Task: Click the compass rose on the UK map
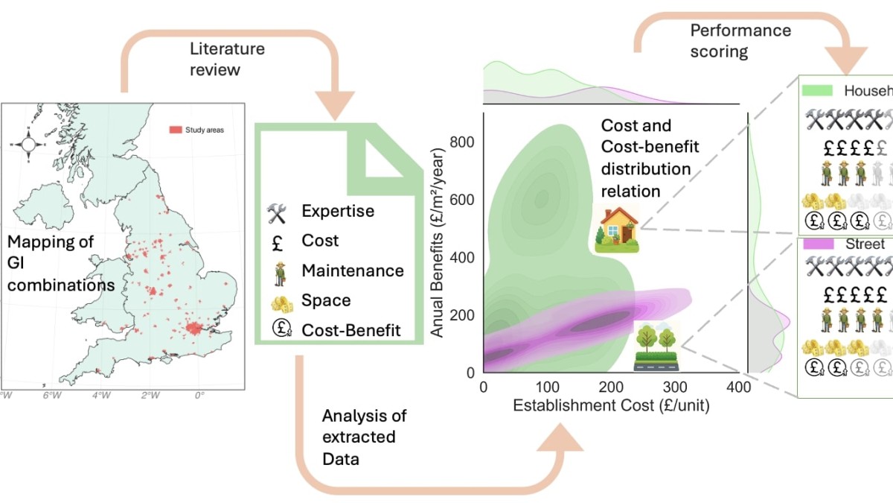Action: coord(28,144)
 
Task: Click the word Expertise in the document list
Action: coord(337,211)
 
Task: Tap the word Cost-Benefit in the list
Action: coord(351,329)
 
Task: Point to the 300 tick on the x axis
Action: coord(675,387)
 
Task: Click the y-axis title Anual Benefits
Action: coord(439,243)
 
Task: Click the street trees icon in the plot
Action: coord(656,346)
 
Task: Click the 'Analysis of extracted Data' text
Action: coord(364,437)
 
